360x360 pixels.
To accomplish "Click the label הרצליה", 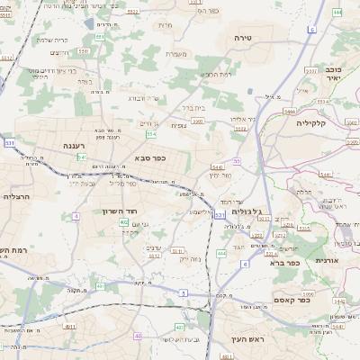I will tap(17, 195).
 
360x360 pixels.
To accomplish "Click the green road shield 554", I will tap(152, 134).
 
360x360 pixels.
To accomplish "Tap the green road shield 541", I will tap(82, 157).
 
